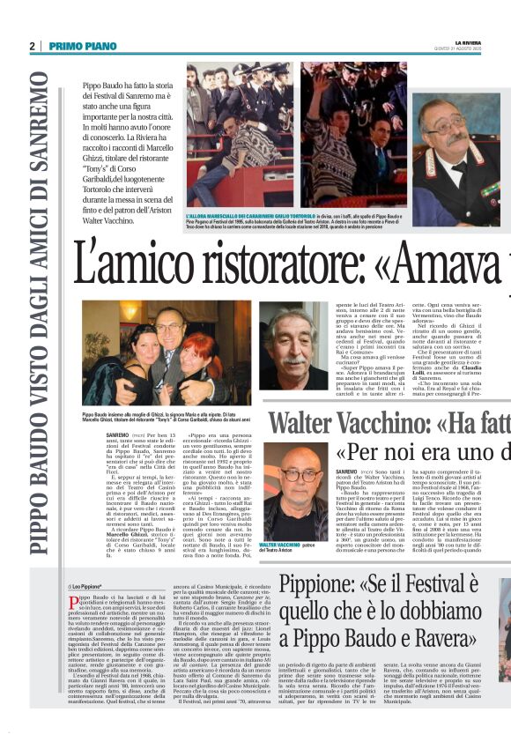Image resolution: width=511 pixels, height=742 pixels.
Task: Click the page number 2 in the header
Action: (x=32, y=46)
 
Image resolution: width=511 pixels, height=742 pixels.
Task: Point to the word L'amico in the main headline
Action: (x=133, y=263)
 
